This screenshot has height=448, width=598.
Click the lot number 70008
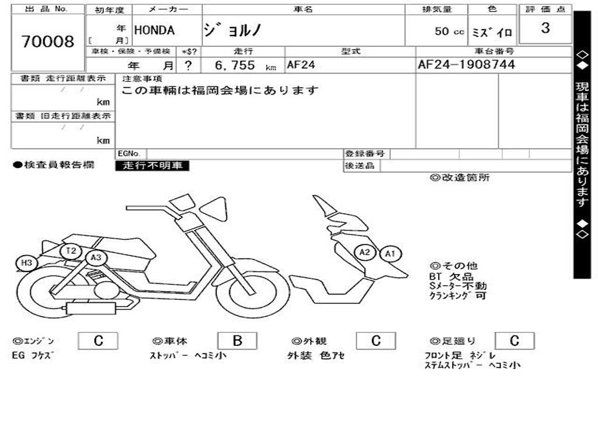coord(48,42)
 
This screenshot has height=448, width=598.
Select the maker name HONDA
coord(155,30)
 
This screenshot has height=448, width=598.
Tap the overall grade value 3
coord(545,28)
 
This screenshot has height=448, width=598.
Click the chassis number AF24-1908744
coord(467,65)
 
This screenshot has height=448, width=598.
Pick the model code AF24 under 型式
coord(301,65)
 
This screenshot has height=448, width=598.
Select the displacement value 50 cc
coord(449,32)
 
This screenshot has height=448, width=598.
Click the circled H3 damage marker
coord(26,263)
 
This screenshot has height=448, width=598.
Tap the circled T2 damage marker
coord(71,251)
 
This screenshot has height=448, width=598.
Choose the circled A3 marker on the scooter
coord(96,257)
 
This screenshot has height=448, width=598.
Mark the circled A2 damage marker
coord(365,253)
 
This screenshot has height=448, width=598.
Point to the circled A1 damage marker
coord(390,254)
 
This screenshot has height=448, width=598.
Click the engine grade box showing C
coord(98,341)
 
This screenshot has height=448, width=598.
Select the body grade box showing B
coord(237,341)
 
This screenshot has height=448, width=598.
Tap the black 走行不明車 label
coord(152,166)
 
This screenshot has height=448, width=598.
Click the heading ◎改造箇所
coord(460,178)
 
